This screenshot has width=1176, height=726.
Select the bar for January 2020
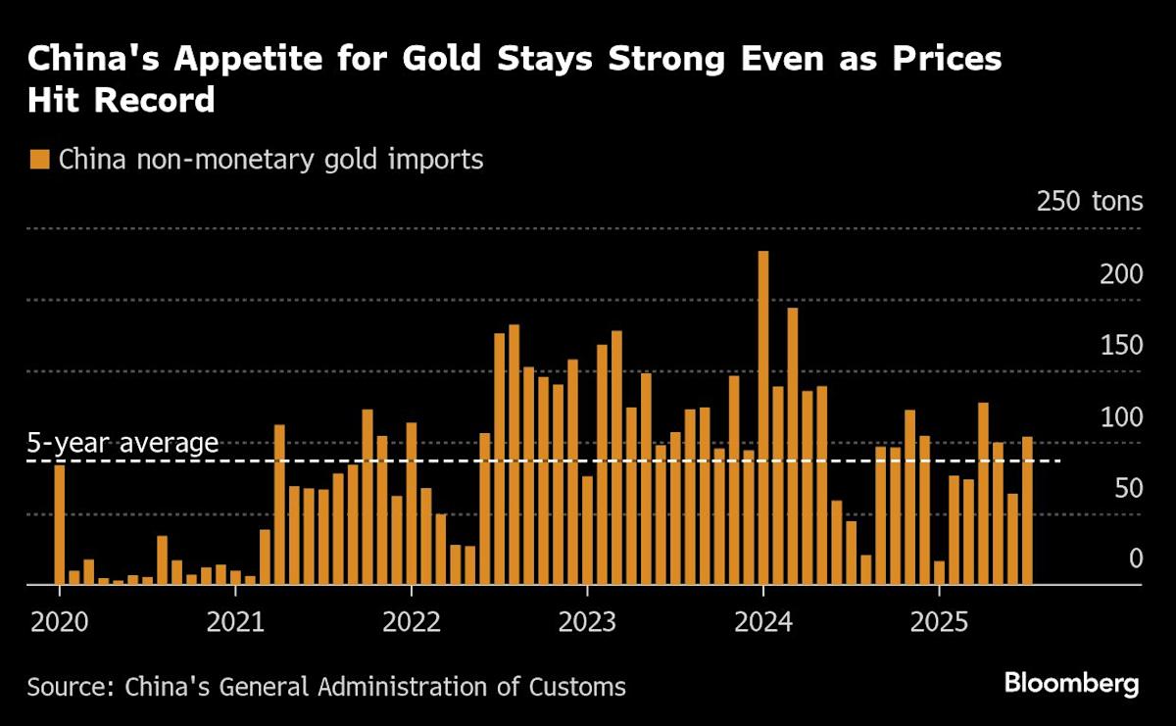point(60,524)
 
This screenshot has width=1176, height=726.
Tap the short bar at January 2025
point(939,572)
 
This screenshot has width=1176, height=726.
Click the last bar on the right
point(1027,510)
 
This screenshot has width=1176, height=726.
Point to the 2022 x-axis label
point(412,620)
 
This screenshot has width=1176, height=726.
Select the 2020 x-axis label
point(60,620)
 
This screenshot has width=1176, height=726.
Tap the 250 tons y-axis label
point(1090,202)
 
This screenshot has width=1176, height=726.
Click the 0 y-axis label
point(1135,558)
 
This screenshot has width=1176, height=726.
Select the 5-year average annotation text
point(122,443)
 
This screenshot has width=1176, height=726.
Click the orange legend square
point(39,160)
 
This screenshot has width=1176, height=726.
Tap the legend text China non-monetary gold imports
point(271,160)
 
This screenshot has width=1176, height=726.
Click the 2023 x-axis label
point(587,620)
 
